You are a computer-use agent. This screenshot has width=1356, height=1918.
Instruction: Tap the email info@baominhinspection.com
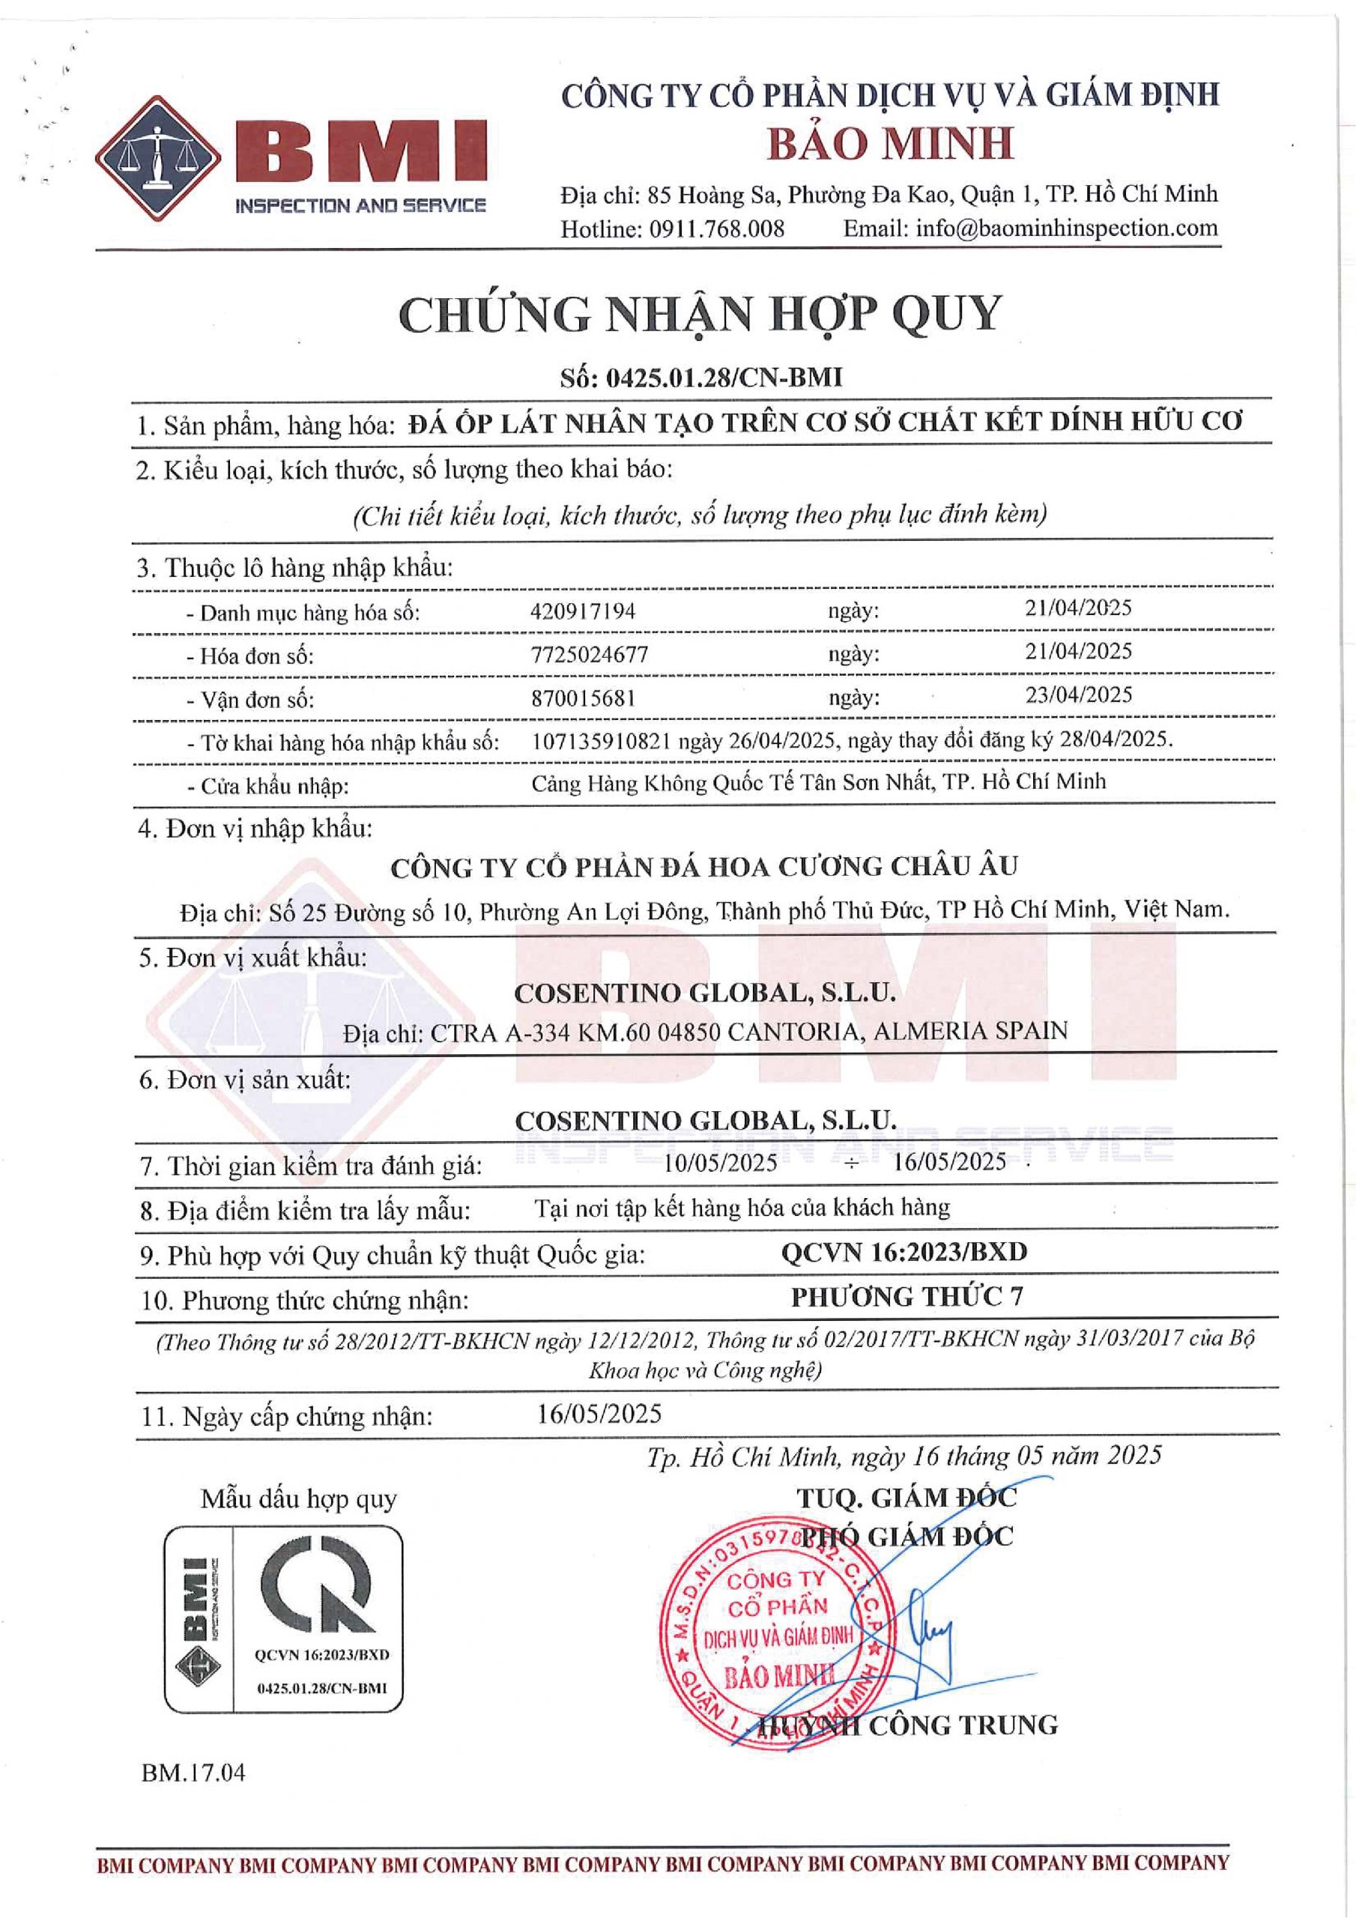pyautogui.click(x=1066, y=228)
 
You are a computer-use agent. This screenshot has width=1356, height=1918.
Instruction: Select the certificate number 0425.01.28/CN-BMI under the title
pyautogui.click(x=724, y=378)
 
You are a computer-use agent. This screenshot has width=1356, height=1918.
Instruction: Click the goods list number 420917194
pyautogui.click(x=582, y=611)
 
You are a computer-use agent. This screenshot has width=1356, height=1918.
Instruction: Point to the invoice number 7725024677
pyautogui.click(x=589, y=654)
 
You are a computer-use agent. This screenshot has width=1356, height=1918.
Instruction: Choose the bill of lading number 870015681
pyautogui.click(x=583, y=698)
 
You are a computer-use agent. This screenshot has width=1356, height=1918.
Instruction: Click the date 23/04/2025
pyautogui.click(x=1078, y=695)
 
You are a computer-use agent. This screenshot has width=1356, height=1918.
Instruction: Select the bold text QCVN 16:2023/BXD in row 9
pyautogui.click(x=904, y=1252)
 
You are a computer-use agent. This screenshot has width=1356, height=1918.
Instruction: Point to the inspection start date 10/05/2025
pyautogui.click(x=720, y=1162)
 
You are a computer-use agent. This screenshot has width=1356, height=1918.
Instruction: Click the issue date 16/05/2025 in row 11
pyautogui.click(x=599, y=1414)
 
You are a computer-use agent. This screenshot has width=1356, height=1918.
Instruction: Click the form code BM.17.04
pyautogui.click(x=193, y=1772)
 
